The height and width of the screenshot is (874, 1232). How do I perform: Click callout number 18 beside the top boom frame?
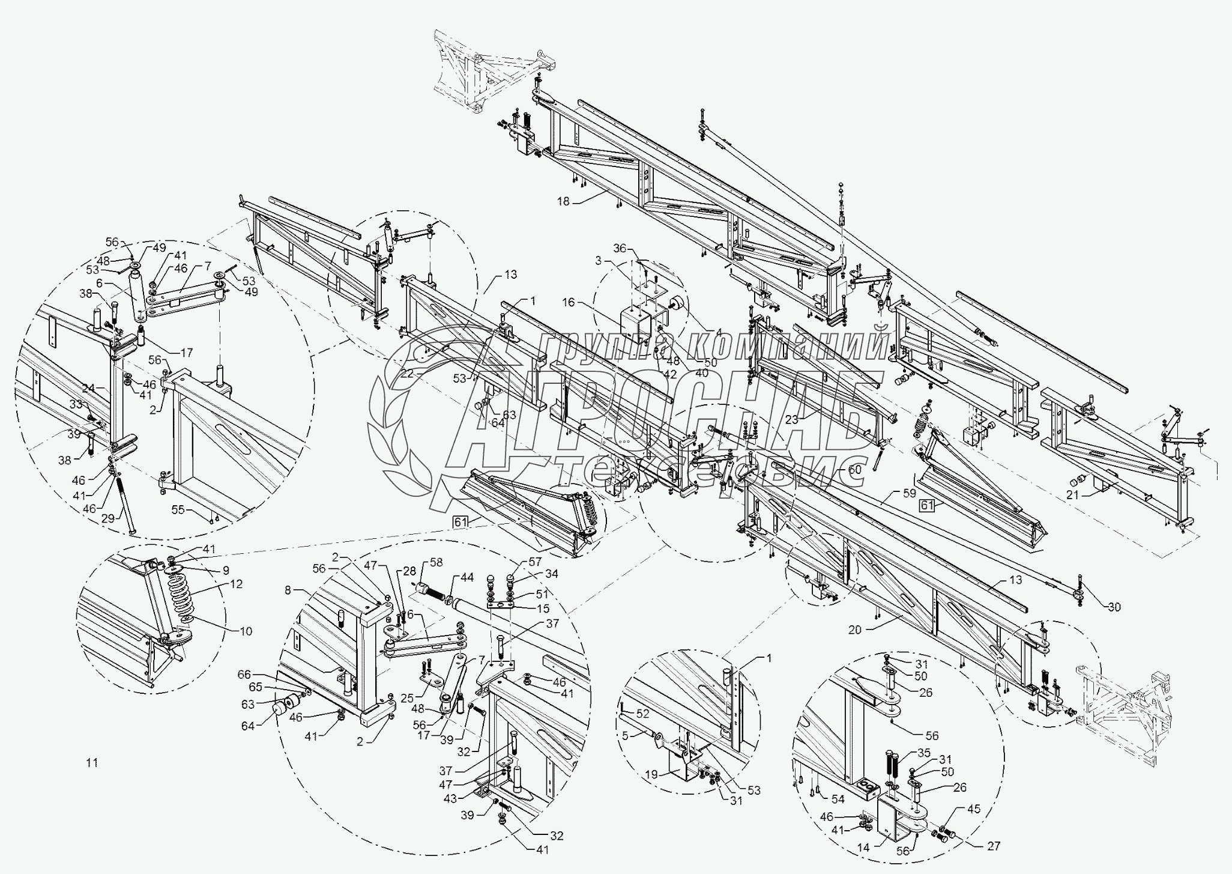coord(563,202)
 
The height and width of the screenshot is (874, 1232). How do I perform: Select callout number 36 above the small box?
coord(620,248)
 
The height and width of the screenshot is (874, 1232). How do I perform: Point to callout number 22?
coord(408,374)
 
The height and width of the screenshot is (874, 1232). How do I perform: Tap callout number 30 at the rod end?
coord(1114,607)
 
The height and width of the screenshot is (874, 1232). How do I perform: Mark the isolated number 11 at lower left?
coord(91,763)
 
